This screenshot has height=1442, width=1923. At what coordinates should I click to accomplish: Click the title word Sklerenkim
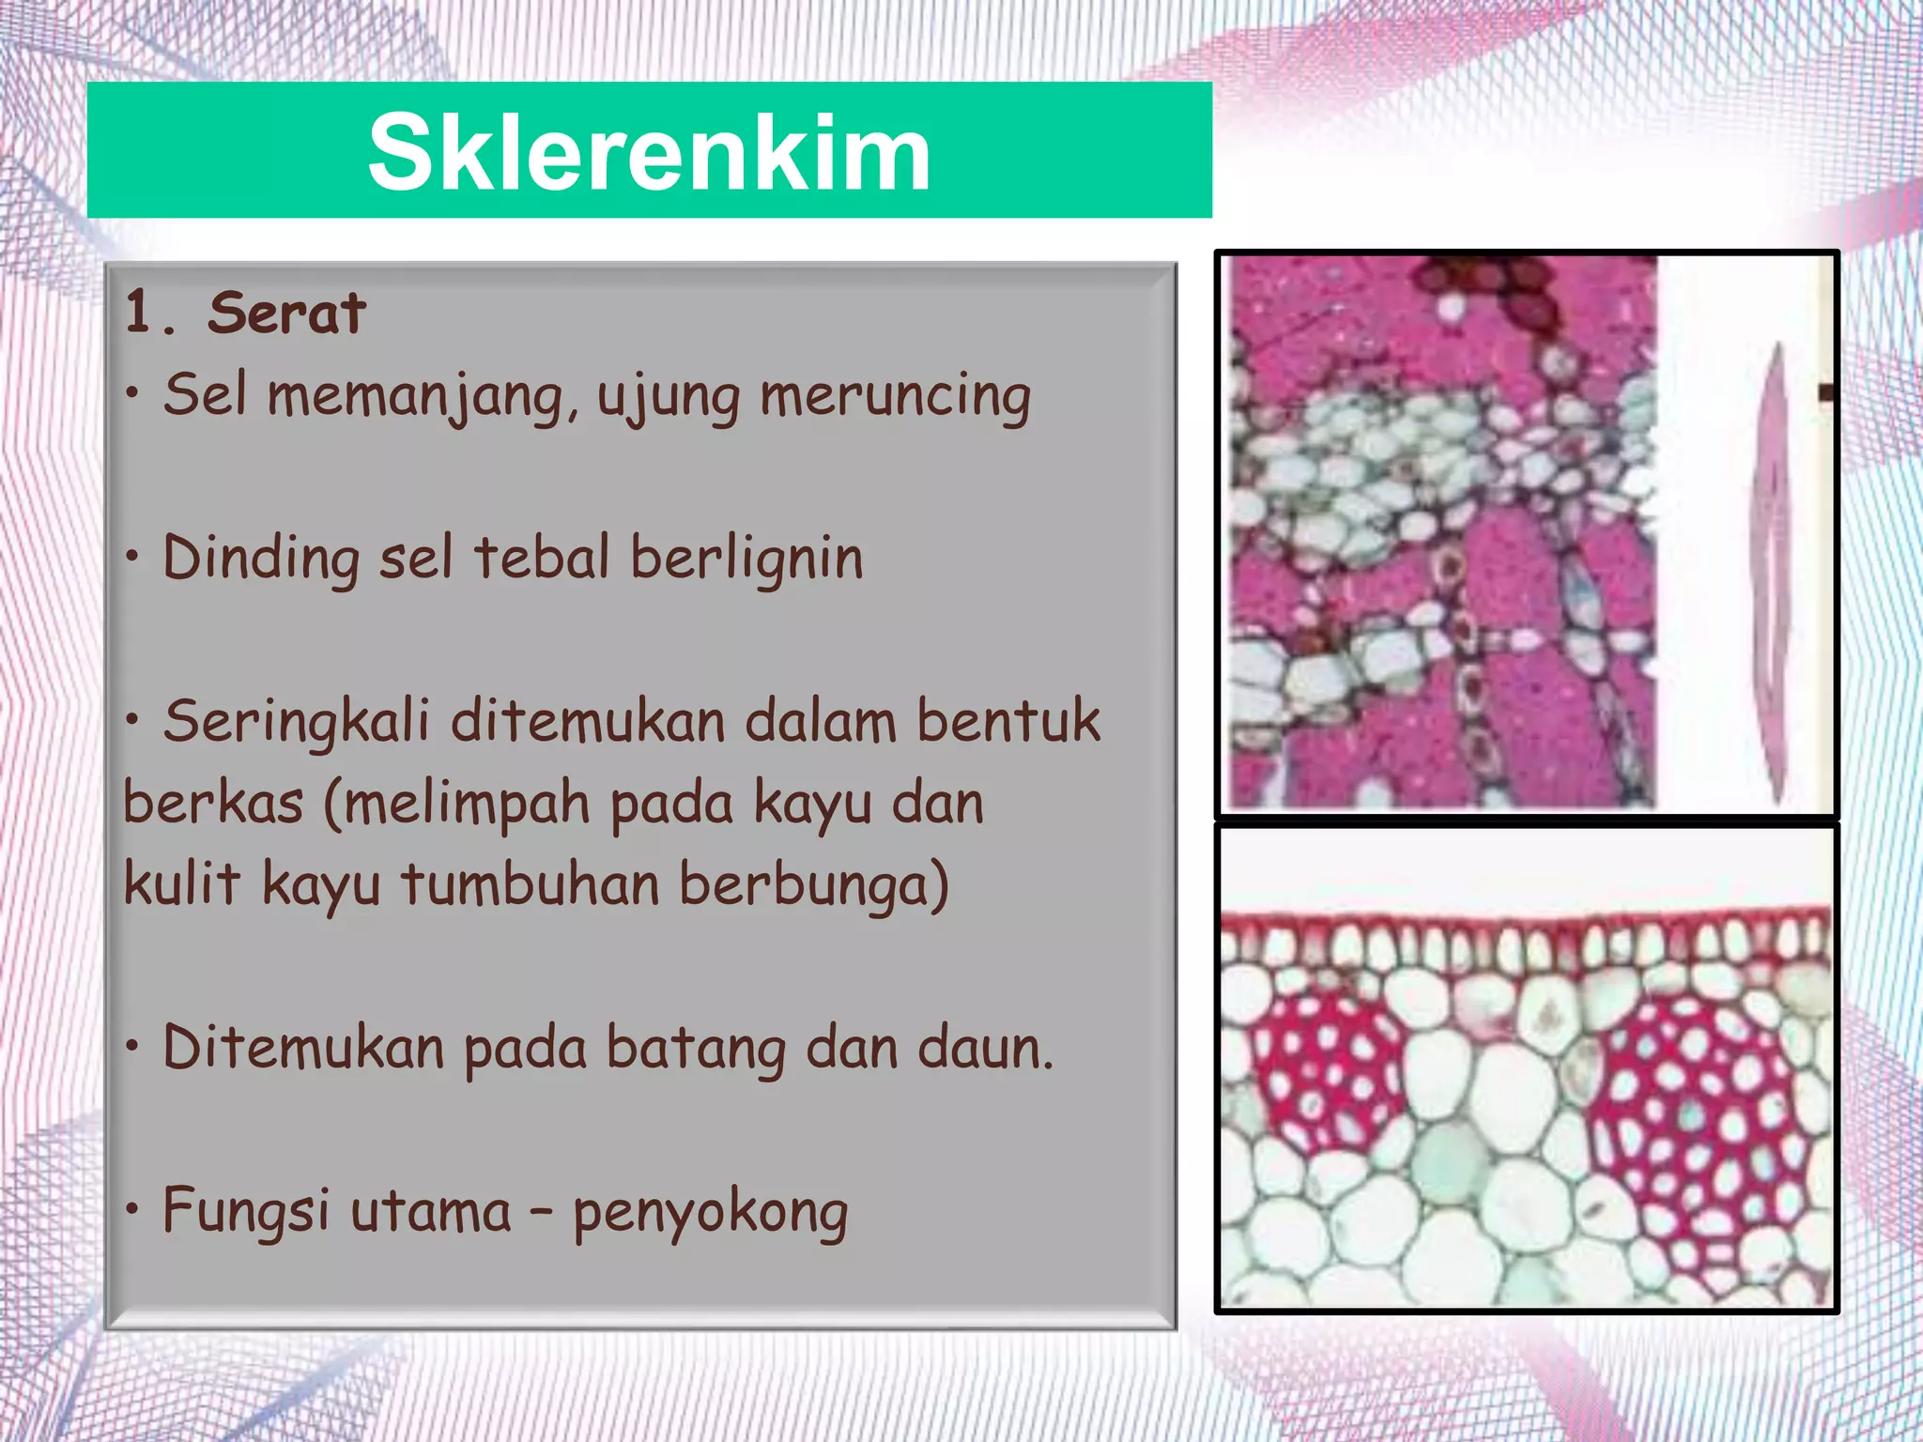point(649,152)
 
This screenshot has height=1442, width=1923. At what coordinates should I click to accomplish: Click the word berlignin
point(746,558)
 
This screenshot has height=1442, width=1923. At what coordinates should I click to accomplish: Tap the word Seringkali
point(296,723)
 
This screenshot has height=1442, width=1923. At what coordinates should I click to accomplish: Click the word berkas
point(213,804)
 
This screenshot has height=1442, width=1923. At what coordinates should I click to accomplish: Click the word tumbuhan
point(531,884)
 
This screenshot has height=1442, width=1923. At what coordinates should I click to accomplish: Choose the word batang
point(696,1050)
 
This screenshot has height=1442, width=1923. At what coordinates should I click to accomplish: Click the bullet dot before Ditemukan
point(134,1045)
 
